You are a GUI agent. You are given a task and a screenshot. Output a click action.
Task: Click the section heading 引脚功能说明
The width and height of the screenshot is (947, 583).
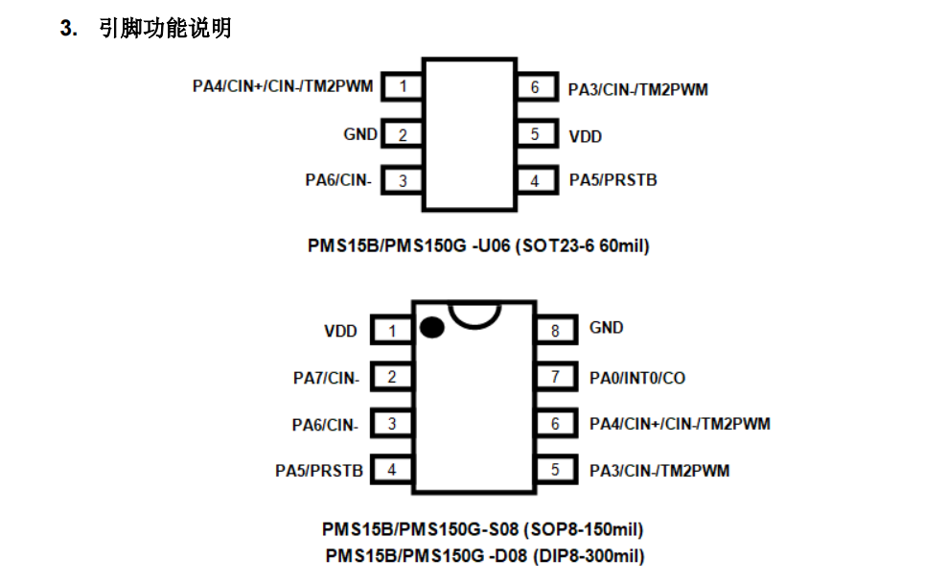pyautogui.click(x=164, y=29)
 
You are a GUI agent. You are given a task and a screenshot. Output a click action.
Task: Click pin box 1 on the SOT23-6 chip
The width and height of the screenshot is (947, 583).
pyautogui.click(x=404, y=87)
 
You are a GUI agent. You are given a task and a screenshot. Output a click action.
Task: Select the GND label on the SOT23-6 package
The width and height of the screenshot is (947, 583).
pyautogui.click(x=360, y=134)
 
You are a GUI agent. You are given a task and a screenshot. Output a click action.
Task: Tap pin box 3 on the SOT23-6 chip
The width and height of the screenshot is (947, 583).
pyautogui.click(x=404, y=180)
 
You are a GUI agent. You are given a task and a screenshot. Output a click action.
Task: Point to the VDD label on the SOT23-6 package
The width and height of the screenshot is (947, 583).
pyautogui.click(x=586, y=136)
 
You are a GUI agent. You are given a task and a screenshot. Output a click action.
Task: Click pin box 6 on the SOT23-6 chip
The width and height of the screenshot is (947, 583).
pyautogui.click(x=536, y=87)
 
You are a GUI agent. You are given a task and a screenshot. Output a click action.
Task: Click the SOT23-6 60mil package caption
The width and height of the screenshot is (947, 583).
pyautogui.click(x=478, y=246)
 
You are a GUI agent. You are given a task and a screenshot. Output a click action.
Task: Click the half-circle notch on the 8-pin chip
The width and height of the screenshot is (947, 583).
pyautogui.click(x=475, y=313)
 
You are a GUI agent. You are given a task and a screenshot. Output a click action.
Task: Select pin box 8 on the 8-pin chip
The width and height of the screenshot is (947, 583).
pyautogui.click(x=555, y=331)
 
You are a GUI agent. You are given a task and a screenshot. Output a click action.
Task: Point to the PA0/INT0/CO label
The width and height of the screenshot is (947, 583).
pyautogui.click(x=637, y=378)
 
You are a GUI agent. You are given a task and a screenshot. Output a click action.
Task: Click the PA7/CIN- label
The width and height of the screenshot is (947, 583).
pyautogui.click(x=326, y=378)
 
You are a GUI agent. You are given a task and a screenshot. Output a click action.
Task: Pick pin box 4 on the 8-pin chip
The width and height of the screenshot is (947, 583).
pyautogui.click(x=392, y=470)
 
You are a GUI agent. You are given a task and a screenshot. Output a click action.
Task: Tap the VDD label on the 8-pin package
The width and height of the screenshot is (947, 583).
pyautogui.click(x=340, y=332)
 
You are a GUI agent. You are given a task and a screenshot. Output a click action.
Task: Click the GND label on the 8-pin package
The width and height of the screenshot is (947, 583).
pyautogui.click(x=606, y=328)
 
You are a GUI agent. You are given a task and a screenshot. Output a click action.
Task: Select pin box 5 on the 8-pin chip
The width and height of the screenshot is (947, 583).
pyautogui.click(x=555, y=470)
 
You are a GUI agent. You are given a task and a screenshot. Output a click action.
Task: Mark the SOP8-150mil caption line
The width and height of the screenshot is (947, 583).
pyautogui.click(x=482, y=529)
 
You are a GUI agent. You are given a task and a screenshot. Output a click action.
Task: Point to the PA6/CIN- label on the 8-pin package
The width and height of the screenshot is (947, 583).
pyautogui.click(x=325, y=424)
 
